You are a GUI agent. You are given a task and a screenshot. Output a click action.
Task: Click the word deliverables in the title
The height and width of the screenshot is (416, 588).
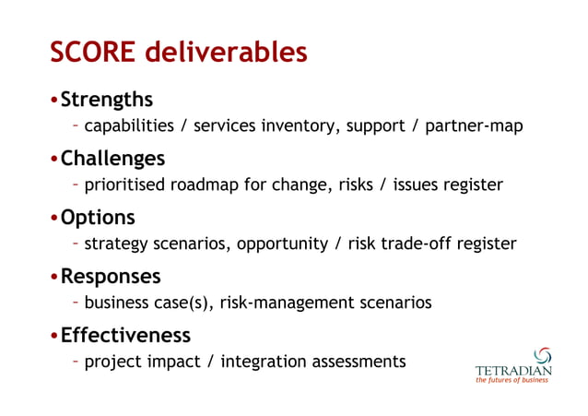234,53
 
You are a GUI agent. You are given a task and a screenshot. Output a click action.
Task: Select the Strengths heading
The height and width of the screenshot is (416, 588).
107,99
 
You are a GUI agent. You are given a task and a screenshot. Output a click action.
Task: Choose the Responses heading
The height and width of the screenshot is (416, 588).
111,276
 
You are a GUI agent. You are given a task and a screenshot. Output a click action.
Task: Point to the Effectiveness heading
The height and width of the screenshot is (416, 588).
125,334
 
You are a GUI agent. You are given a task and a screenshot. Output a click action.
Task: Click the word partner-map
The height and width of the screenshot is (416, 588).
474,125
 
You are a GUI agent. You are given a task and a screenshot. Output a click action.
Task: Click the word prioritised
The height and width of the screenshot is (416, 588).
124,184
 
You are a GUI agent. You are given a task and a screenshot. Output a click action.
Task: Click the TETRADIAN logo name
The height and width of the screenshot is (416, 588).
513,372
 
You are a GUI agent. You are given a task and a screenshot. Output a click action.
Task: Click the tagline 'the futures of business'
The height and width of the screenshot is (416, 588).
512,382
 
